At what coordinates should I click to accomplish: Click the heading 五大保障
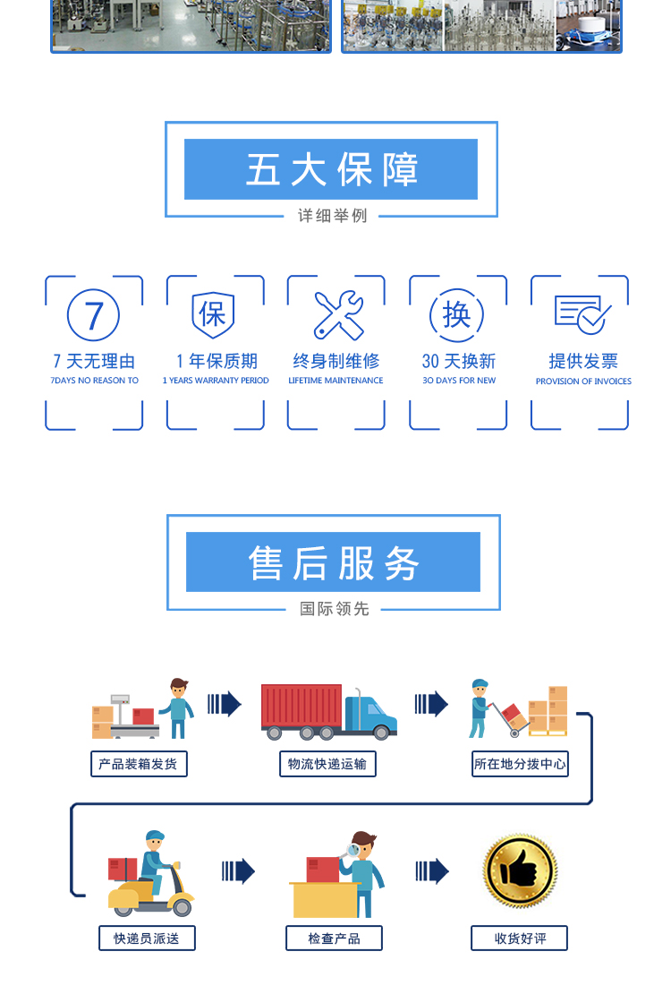click(x=331, y=169)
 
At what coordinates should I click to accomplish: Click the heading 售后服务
click(x=333, y=562)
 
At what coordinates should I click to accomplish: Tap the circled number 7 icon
click(x=94, y=315)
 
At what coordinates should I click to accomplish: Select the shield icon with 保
click(x=214, y=314)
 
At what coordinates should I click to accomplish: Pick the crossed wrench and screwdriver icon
click(x=337, y=315)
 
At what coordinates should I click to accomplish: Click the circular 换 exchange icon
click(x=457, y=314)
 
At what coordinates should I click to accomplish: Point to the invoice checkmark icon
click(x=582, y=314)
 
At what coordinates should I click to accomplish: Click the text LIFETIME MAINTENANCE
click(x=335, y=381)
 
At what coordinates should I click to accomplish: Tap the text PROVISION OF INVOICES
click(x=583, y=381)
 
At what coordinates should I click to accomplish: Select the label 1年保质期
click(x=217, y=361)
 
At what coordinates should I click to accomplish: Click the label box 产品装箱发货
click(x=139, y=764)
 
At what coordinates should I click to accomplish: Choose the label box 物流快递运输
click(x=327, y=764)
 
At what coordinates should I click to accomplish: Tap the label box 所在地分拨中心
click(x=520, y=764)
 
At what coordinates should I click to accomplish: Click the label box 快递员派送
click(x=146, y=939)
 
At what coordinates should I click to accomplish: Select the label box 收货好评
click(x=520, y=939)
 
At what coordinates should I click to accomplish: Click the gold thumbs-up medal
click(x=520, y=870)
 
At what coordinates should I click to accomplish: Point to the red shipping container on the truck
click(x=302, y=706)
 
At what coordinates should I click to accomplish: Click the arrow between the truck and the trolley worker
click(x=431, y=704)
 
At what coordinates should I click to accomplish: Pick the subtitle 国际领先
click(x=335, y=609)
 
